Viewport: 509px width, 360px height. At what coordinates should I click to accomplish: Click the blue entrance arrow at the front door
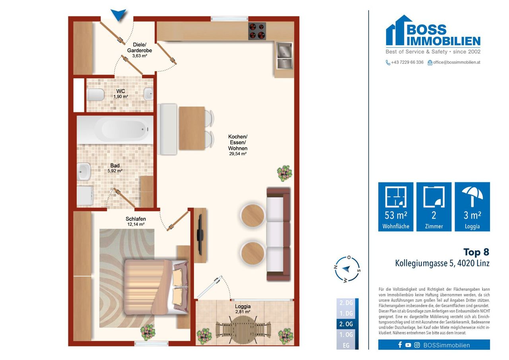click(x=119, y=15)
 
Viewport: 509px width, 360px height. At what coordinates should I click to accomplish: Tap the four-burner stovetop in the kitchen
click(x=257, y=31)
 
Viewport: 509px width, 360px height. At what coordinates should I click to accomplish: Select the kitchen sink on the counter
click(x=284, y=56)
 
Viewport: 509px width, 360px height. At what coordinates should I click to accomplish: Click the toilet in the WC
click(x=95, y=94)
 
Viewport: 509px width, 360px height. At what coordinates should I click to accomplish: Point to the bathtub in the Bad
click(x=115, y=130)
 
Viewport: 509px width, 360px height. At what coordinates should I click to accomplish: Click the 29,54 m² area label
click(x=238, y=154)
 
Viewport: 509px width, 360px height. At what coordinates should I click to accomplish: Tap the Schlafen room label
click(x=136, y=219)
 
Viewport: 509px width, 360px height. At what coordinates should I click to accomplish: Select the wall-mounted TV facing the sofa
click(x=200, y=235)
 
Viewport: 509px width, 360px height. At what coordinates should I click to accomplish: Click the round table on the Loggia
click(x=243, y=328)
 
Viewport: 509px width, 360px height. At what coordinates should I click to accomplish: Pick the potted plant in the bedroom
click(x=148, y=333)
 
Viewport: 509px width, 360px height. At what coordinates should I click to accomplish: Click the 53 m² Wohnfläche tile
click(x=396, y=207)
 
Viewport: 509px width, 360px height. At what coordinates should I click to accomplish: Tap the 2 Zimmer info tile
click(x=434, y=207)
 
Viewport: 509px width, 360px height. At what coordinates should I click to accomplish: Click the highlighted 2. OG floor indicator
click(x=346, y=324)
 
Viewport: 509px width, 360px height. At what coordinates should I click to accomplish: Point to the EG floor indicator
click(x=346, y=346)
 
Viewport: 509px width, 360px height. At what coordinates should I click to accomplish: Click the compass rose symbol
click(x=347, y=269)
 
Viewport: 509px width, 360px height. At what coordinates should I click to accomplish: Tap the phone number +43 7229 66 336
click(x=407, y=62)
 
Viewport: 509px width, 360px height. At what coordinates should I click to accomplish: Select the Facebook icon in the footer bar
click(x=400, y=345)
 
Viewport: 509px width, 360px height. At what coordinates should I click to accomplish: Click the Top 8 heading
click(x=476, y=252)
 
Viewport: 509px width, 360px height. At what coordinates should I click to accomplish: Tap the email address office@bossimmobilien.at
click(x=457, y=62)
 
